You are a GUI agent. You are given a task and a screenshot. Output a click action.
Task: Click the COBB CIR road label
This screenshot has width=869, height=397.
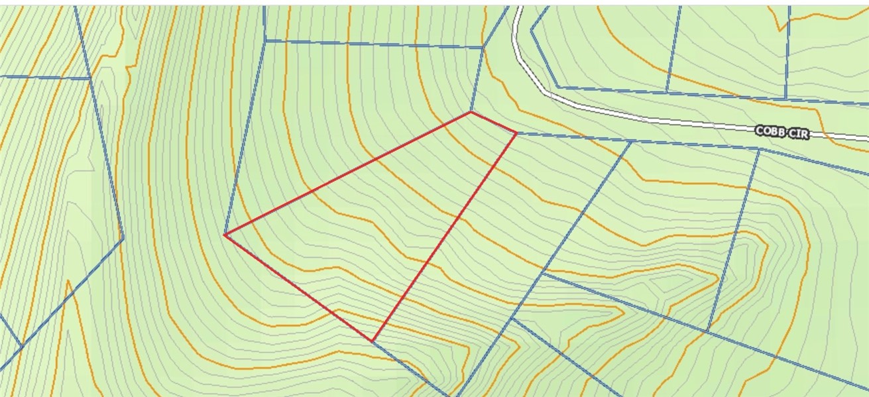(x=782, y=133)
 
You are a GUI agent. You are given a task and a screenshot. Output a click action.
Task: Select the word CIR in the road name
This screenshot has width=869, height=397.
(x=799, y=134)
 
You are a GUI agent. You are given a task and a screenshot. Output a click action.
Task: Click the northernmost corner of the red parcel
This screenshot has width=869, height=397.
(x=471, y=112)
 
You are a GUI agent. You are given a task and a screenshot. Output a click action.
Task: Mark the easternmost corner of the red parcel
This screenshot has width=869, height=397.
(x=516, y=133)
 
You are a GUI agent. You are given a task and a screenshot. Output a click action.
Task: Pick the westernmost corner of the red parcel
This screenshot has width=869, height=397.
(x=225, y=235)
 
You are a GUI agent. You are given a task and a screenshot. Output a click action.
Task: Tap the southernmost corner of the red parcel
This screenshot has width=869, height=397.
(x=373, y=341)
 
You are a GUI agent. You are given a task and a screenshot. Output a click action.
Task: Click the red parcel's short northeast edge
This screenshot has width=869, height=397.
(x=494, y=123)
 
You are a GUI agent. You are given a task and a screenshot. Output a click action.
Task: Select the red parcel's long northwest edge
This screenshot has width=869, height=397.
(x=348, y=174)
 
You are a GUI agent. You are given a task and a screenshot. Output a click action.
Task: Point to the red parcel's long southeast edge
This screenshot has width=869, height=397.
(x=444, y=237)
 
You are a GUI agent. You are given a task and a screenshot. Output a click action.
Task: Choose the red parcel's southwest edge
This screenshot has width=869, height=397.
(x=298, y=288)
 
